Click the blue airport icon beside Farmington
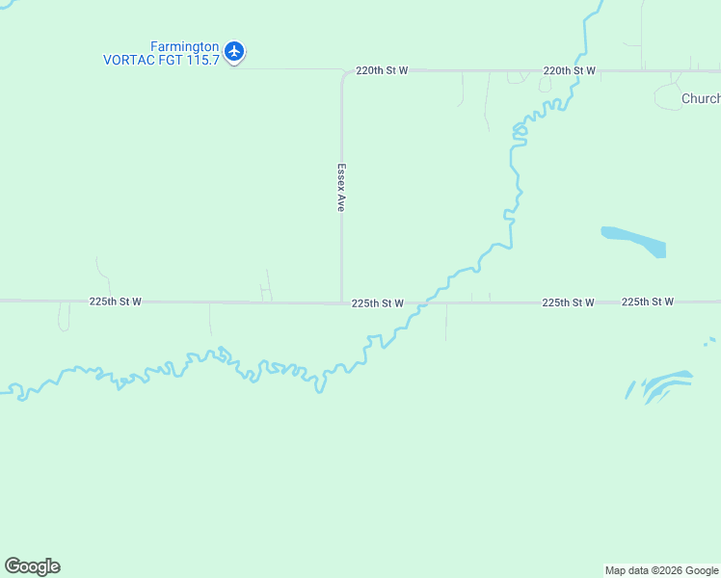click(x=233, y=50)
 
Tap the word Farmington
click(x=185, y=45)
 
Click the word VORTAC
click(x=126, y=59)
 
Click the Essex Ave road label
click(x=341, y=186)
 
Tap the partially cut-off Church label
click(x=700, y=98)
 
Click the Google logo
click(x=33, y=566)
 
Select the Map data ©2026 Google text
click(x=661, y=570)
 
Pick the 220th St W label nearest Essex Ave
click(x=382, y=70)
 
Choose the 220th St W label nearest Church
click(x=569, y=70)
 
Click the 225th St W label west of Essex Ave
click(x=116, y=302)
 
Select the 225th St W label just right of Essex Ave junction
click(x=377, y=302)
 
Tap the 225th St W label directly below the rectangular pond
click(x=647, y=302)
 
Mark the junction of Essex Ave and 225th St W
click(x=341, y=302)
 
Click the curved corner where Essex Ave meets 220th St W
click(x=345, y=73)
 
